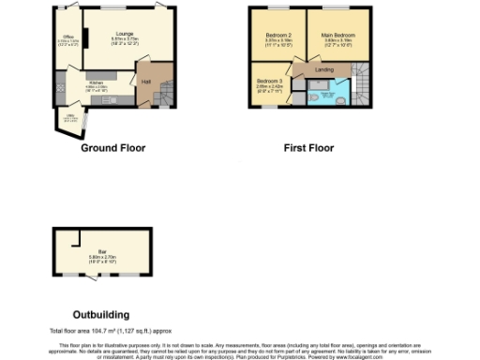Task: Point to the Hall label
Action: point(146,82)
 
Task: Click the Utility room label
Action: point(68,117)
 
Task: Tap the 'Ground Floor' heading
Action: point(112,148)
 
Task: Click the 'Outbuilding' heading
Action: point(100,314)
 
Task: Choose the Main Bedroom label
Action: point(338,36)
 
